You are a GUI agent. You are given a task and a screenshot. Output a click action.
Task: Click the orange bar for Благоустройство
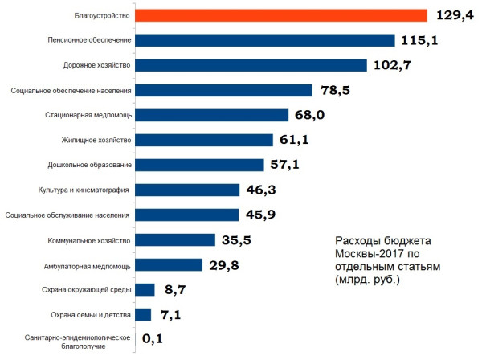point(280,15)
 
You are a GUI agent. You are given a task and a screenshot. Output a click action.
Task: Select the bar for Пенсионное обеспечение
point(264,40)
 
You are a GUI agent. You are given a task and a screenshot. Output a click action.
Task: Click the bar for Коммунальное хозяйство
point(175,239)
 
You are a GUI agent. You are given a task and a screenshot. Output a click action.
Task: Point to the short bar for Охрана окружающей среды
point(145,289)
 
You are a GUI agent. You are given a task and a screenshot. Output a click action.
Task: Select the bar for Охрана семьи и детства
point(143,314)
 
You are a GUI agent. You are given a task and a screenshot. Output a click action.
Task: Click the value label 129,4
point(455,15)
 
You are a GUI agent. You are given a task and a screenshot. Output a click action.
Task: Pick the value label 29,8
point(225,265)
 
